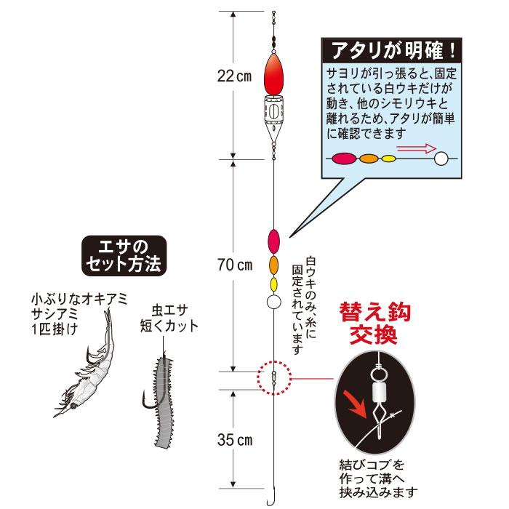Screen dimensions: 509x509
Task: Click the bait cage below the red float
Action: pos(273,116)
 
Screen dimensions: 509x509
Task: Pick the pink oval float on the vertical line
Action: pos(274,239)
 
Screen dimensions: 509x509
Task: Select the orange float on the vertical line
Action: pos(274,263)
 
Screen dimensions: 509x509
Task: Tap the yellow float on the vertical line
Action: pos(274,283)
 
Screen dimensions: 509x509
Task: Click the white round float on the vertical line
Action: pos(274,301)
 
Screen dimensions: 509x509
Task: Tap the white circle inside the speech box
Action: pos(441,158)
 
